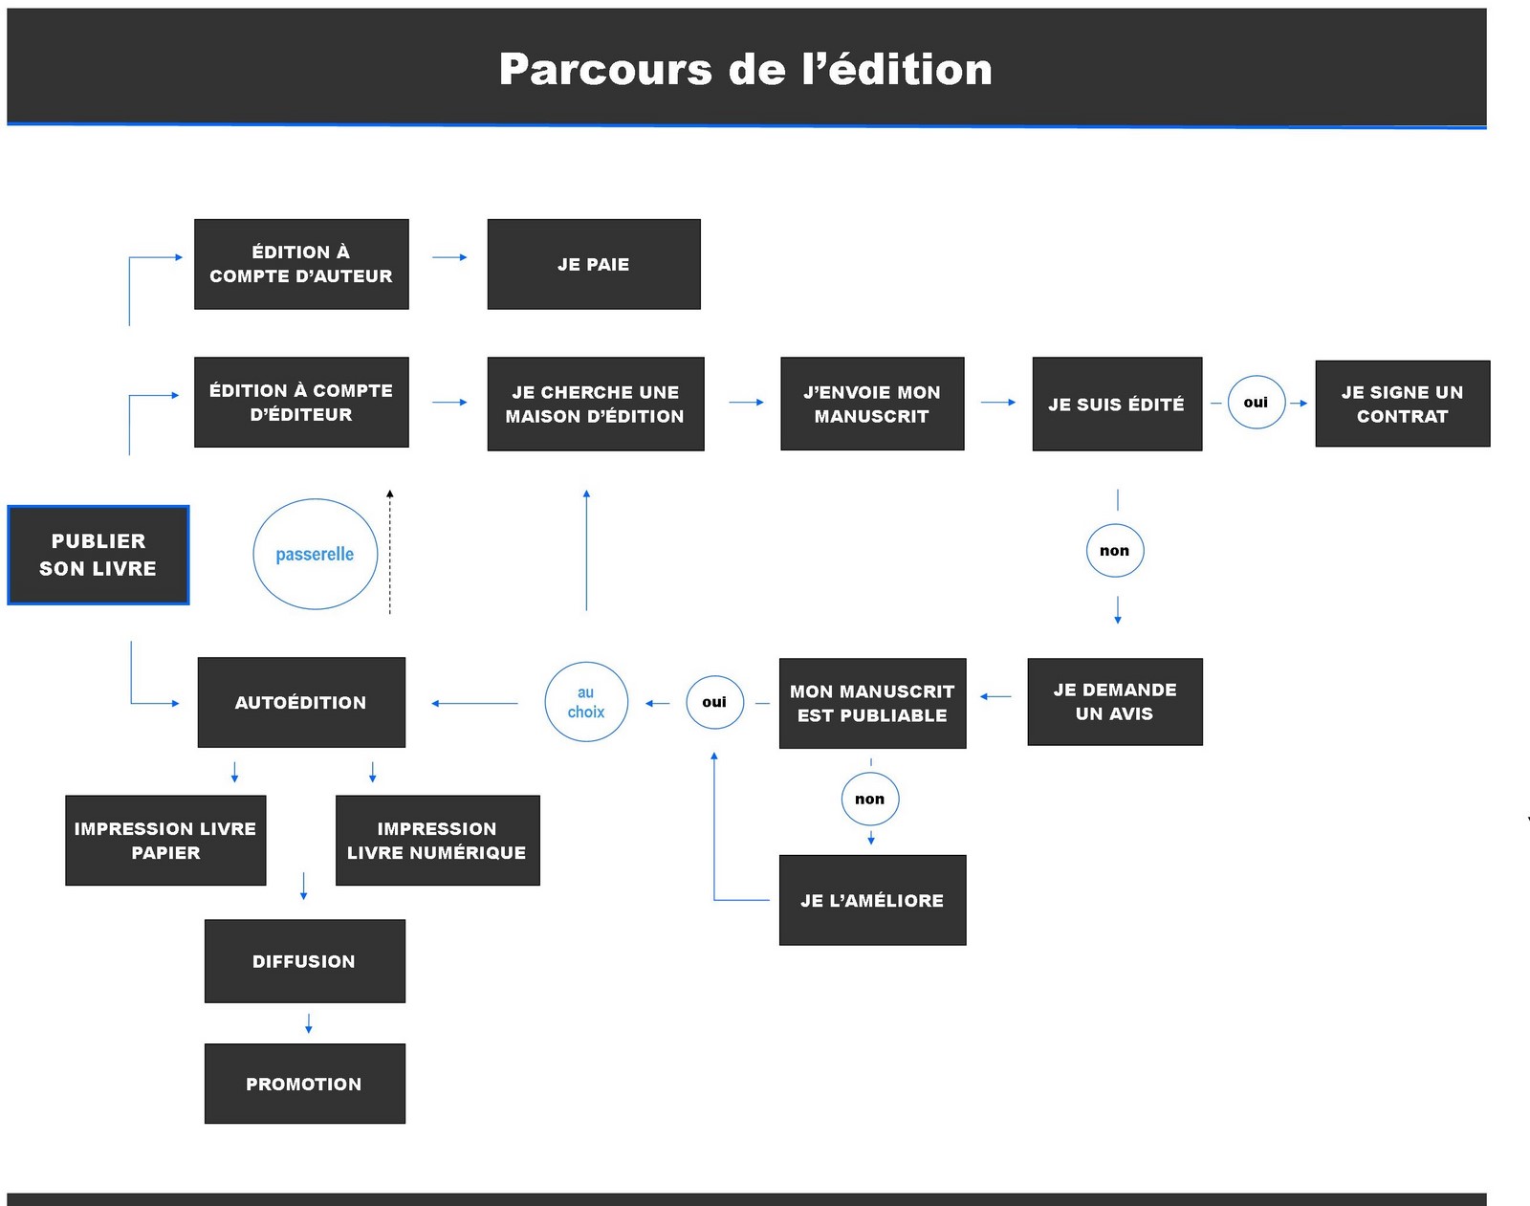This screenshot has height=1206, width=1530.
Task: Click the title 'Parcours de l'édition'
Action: pos(746,69)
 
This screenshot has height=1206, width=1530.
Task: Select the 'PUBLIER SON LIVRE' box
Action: pos(98,555)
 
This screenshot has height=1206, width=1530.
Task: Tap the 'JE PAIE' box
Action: pos(594,264)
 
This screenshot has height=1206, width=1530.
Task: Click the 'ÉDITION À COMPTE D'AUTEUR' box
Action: pos(301,264)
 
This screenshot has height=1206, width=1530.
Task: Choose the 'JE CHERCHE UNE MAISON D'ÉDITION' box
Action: pos(596,404)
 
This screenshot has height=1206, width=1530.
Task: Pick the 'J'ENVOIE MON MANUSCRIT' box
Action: pos(872,404)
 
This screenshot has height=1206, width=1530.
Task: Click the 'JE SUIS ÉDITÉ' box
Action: pos(1117,404)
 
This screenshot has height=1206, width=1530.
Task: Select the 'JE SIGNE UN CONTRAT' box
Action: pos(1402,404)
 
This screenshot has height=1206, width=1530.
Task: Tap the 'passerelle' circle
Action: pos(316,554)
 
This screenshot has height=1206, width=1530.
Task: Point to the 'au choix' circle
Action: pos(586,702)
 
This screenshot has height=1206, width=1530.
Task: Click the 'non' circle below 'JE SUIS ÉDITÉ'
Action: pos(1115,551)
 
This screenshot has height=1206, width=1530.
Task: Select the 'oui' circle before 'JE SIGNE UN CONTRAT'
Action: pos(1256,403)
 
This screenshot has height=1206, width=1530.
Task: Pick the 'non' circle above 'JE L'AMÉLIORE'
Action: pos(870,800)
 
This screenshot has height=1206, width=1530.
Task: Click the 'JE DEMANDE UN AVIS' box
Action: pos(1115,702)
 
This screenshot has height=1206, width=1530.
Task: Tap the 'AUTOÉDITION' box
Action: pos(301,702)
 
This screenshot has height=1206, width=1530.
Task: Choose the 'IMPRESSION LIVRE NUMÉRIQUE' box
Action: pos(437,840)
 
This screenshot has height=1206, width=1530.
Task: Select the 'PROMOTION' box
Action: pos(304,1084)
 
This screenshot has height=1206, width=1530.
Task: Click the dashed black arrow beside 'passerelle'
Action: pos(390,552)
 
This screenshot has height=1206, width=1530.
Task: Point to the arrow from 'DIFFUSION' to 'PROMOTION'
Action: pos(308,1023)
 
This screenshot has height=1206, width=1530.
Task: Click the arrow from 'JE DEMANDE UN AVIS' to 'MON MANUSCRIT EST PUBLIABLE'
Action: pos(996,696)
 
